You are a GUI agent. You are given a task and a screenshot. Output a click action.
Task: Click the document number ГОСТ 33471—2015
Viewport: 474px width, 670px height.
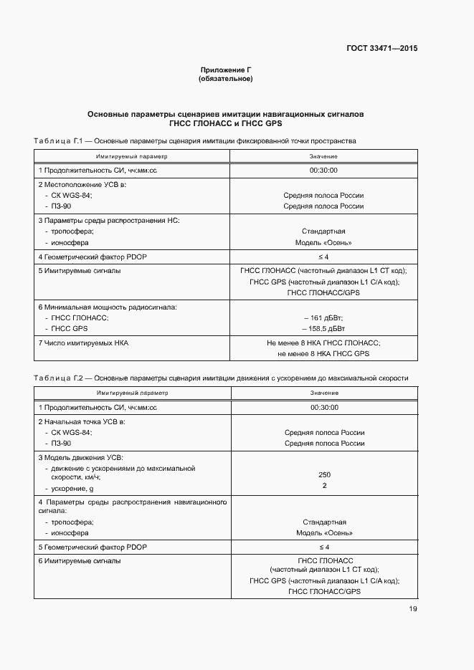tap(380, 49)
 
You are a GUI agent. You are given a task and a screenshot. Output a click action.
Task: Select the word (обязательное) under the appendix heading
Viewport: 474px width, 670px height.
tap(225, 79)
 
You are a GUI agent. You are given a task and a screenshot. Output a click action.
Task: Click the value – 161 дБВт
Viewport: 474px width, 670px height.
tap(323, 317)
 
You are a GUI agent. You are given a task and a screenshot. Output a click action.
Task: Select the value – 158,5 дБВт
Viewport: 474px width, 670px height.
tap(323, 328)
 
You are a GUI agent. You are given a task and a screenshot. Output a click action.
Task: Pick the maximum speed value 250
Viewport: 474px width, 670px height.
tap(324, 474)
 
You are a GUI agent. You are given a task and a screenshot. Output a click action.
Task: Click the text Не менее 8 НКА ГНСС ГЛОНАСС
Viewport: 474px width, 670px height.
tap(323, 343)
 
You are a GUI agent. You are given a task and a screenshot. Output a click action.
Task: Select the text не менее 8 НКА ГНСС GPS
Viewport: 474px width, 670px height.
tap(323, 354)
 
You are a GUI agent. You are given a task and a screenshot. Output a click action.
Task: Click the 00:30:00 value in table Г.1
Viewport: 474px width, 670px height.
tap(323, 171)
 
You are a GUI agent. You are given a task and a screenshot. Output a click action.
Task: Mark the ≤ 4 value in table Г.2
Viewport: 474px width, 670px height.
tap(324, 547)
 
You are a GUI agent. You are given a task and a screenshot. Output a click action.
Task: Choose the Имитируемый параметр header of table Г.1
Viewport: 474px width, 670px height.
tap(131, 155)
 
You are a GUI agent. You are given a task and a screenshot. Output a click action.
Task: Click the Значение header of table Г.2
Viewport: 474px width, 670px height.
tap(324, 393)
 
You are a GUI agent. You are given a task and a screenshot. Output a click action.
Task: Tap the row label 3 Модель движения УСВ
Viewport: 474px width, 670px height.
tap(81, 457)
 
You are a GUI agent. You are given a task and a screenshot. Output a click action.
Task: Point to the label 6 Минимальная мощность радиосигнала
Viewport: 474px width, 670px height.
tap(108, 307)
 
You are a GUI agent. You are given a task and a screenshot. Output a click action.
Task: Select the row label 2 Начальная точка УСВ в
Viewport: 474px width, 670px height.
tap(82, 422)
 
